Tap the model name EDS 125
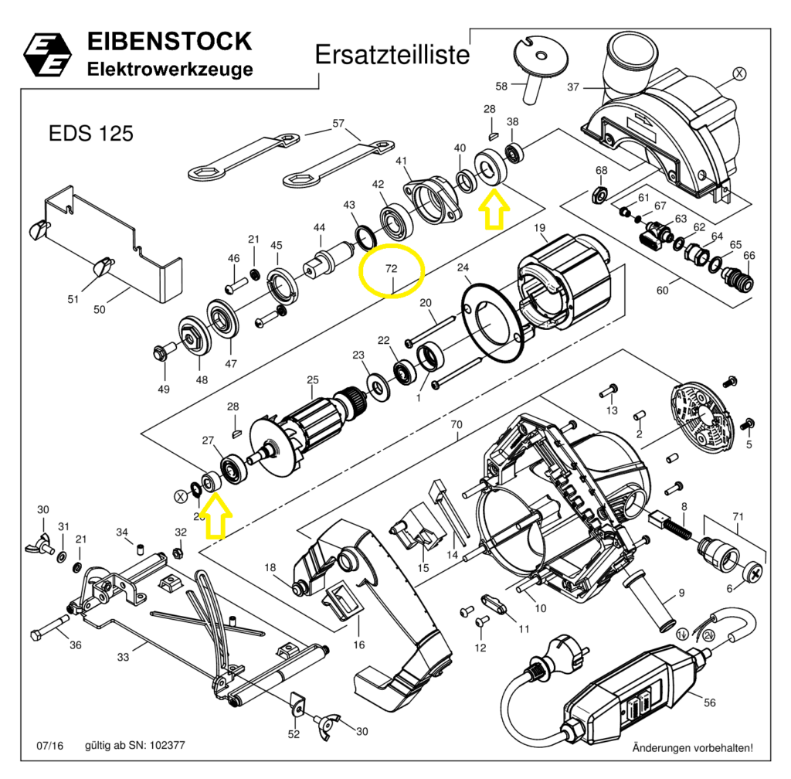pyautogui.click(x=90, y=134)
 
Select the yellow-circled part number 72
pyautogui.click(x=392, y=270)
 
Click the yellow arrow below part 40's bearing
pyautogui.click(x=491, y=211)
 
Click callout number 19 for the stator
pyautogui.click(x=540, y=227)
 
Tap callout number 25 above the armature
pyautogui.click(x=312, y=379)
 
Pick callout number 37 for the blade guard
pyautogui.click(x=572, y=87)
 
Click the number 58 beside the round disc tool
pyautogui.click(x=501, y=86)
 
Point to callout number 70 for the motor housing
pyautogui.click(x=456, y=425)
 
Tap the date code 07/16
pyautogui.click(x=49, y=746)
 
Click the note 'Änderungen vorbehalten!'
pyautogui.click(x=692, y=748)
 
